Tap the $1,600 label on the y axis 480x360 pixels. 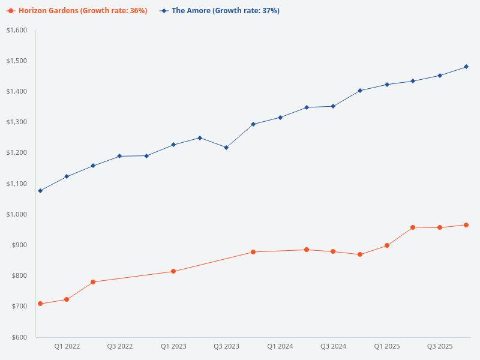pyautogui.click(x=17, y=30)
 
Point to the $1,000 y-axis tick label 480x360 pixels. pyautogui.click(x=17, y=214)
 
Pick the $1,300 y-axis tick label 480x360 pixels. pyautogui.click(x=17, y=122)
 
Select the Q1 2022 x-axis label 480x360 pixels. pyautogui.click(x=67, y=346)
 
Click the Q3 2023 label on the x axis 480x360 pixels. pyautogui.click(x=226, y=346)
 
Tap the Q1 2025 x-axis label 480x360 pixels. pyautogui.click(x=387, y=346)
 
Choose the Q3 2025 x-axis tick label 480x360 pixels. pyautogui.click(x=440, y=346)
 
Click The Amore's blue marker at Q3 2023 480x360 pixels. pyautogui.click(x=226, y=148)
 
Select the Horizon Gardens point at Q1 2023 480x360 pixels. pyautogui.click(x=173, y=271)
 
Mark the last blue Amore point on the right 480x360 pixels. pyautogui.click(x=466, y=67)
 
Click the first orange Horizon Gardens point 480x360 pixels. pyautogui.click(x=40, y=304)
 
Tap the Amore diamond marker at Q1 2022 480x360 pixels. pyautogui.click(x=67, y=176)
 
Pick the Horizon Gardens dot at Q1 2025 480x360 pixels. pyautogui.click(x=387, y=245)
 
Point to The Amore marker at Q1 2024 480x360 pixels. pyautogui.click(x=280, y=118)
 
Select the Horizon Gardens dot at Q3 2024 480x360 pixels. pyautogui.click(x=333, y=251)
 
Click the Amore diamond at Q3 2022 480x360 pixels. pyautogui.click(x=119, y=156)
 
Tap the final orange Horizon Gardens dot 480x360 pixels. pyautogui.click(x=466, y=225)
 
